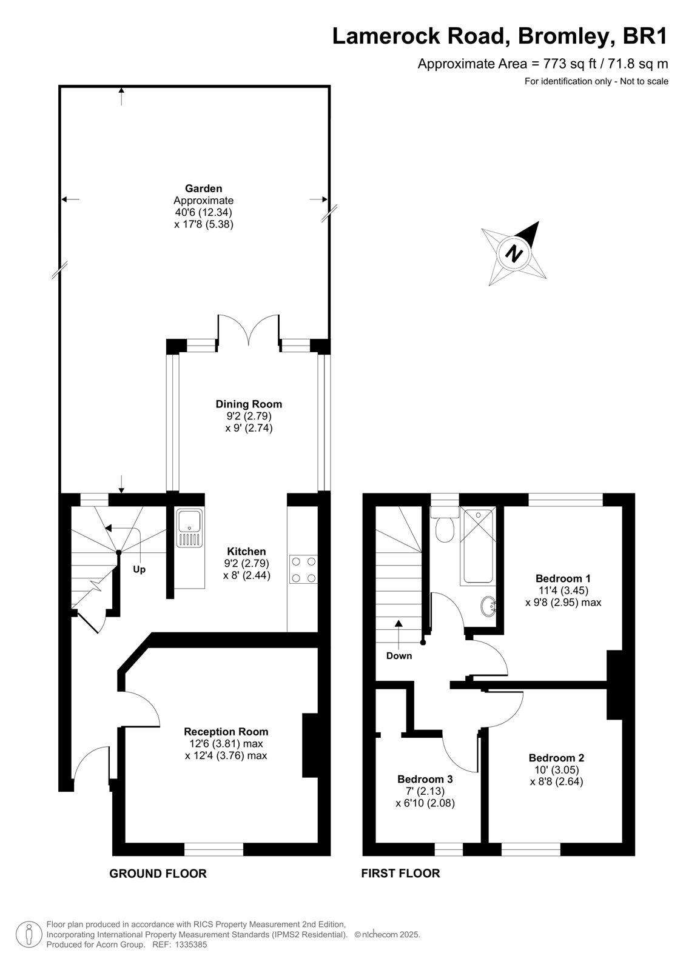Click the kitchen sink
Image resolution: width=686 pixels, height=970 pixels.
[x=189, y=528]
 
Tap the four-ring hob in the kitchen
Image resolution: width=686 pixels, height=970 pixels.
[x=303, y=570]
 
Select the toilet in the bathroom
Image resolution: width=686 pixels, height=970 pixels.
[x=445, y=524]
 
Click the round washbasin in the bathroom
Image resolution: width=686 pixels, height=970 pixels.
[x=489, y=606]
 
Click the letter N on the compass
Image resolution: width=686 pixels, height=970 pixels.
[x=515, y=253]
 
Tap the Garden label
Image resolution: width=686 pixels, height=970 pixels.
[x=204, y=189]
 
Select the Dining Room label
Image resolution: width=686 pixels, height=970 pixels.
[x=249, y=404]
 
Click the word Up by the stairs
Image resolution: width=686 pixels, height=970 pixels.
[x=139, y=569]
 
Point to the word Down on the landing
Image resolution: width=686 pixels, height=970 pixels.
[x=399, y=655]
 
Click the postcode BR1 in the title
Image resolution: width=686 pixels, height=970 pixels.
[x=645, y=36]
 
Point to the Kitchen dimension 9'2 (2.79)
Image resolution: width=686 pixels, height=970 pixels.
[x=247, y=563]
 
